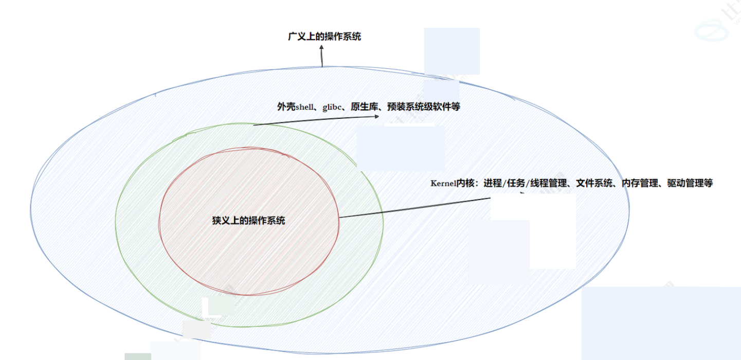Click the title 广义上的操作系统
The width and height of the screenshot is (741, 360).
[x=324, y=37]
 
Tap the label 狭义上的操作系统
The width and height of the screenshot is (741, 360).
[x=248, y=221]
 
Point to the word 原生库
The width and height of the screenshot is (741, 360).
[x=362, y=107]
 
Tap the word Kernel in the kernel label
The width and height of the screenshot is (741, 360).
[x=443, y=184]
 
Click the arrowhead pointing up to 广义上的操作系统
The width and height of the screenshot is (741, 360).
[x=322, y=47]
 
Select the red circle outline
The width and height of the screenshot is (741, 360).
[x=160, y=221]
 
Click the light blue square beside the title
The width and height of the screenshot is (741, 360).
[x=451, y=51]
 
